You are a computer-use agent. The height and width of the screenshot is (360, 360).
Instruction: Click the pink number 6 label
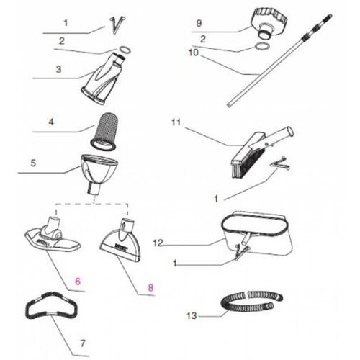point(78,282)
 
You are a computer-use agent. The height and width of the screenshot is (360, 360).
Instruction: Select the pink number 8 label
point(150,287)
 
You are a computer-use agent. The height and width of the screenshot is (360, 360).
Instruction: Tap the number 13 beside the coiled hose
point(192,315)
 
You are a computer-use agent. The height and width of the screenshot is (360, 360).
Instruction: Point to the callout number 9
point(199,23)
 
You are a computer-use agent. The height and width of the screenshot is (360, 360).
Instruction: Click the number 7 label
point(83,343)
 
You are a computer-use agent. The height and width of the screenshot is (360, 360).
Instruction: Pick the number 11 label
point(176,122)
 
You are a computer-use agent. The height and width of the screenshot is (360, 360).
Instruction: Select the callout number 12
point(158,243)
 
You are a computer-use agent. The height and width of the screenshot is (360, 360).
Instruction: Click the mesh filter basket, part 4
point(104,132)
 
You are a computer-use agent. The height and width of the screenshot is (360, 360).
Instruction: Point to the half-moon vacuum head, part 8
point(121,243)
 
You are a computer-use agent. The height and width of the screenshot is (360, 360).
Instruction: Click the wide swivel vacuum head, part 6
point(53,236)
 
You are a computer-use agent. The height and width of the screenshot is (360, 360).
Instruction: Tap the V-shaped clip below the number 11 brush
point(279,164)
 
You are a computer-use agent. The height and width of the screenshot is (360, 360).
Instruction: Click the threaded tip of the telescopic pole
point(328,18)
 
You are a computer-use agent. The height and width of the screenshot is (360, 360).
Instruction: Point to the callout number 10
point(194,53)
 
